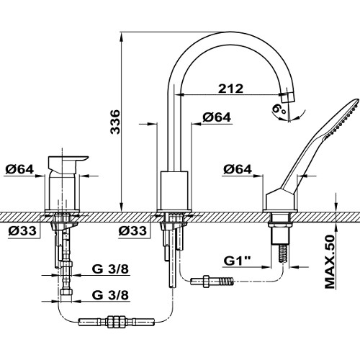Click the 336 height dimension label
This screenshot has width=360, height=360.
coord(115,122)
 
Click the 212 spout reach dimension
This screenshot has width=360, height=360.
coord(230,89)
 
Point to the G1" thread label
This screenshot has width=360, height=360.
coord(237,261)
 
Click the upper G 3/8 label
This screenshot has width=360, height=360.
coord(110,269)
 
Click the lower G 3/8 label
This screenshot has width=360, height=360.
coord(110,295)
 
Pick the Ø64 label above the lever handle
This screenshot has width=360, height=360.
coord(19,169)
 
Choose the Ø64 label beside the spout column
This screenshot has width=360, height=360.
coord(217,117)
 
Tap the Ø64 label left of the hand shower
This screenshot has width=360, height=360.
coord(238,169)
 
